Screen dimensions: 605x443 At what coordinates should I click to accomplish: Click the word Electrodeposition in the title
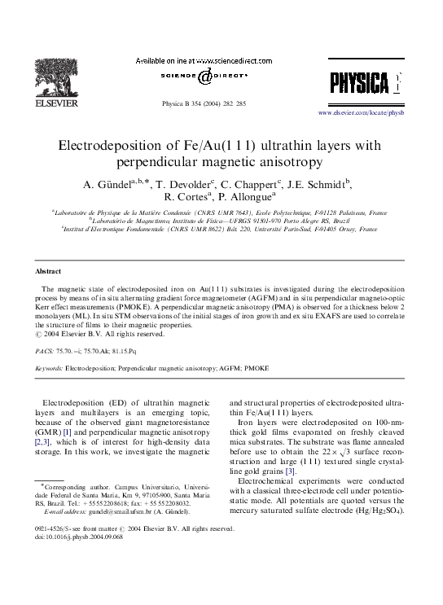point(111,147)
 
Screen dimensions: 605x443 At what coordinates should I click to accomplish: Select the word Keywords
point(49,368)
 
